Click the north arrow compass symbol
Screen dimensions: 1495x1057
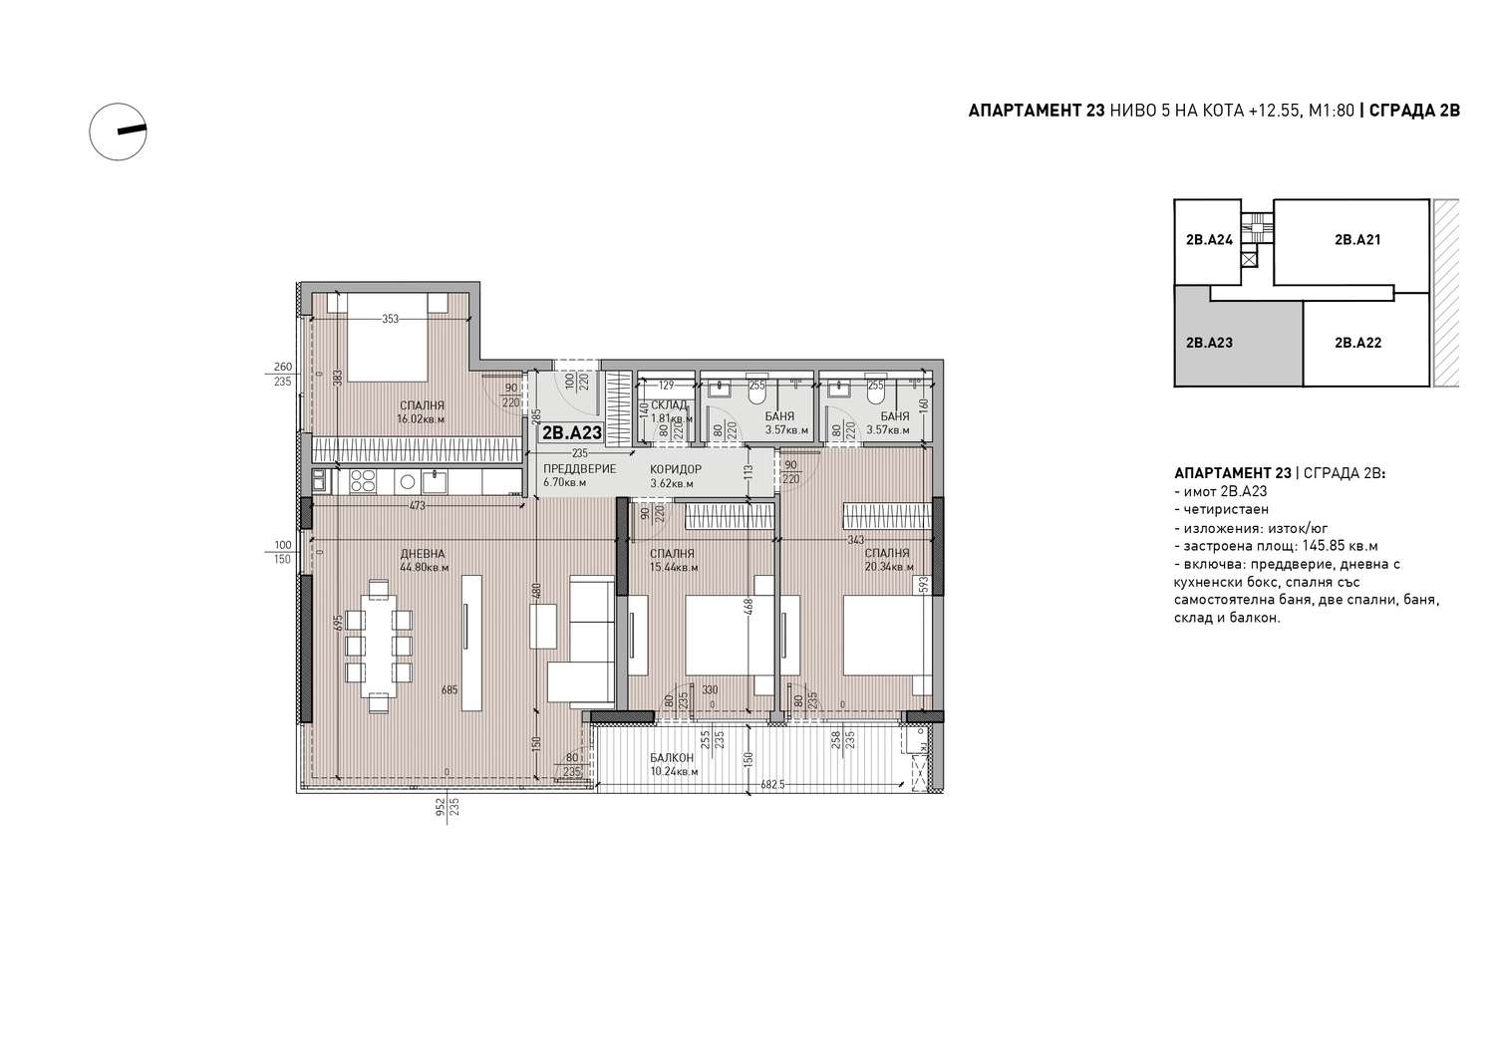tap(119, 132)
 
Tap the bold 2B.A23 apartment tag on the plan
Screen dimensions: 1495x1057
tap(572, 433)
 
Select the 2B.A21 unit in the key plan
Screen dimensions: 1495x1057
tap(1357, 239)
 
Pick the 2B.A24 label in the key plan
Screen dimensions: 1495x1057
tap(1209, 239)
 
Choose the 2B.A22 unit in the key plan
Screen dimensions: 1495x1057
tap(1357, 343)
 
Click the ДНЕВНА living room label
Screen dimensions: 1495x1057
tap(423, 554)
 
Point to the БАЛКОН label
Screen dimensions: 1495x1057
tap(672, 758)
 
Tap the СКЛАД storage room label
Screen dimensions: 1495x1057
tap(668, 405)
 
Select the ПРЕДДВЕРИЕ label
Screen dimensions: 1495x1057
tap(579, 469)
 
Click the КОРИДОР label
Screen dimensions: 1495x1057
tap(676, 469)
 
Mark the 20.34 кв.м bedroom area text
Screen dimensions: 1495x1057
tap(889, 567)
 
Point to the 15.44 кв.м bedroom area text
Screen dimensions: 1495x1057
tap(674, 567)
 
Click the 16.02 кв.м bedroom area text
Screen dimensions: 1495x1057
tap(421, 419)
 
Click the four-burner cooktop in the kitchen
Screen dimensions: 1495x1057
tap(364, 481)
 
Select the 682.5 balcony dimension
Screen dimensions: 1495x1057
tap(772, 785)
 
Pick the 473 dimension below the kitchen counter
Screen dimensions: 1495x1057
tap(418, 506)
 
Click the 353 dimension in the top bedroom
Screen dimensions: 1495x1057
tap(390, 319)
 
